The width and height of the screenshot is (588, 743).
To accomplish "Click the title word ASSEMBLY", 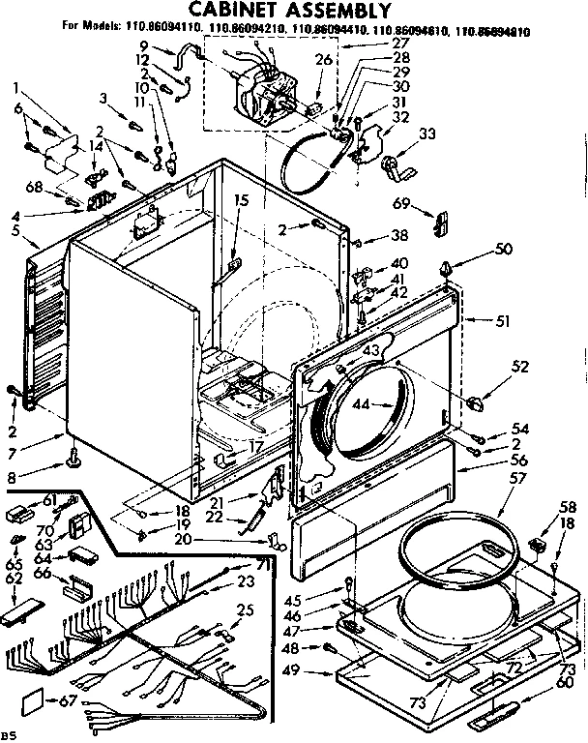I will tap(313, 12).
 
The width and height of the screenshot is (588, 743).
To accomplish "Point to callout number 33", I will tap(426, 134).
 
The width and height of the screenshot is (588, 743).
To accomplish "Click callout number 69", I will tap(401, 204).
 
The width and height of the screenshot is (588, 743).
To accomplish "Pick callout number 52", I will tap(521, 367).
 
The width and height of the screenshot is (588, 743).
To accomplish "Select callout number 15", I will tap(241, 200).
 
